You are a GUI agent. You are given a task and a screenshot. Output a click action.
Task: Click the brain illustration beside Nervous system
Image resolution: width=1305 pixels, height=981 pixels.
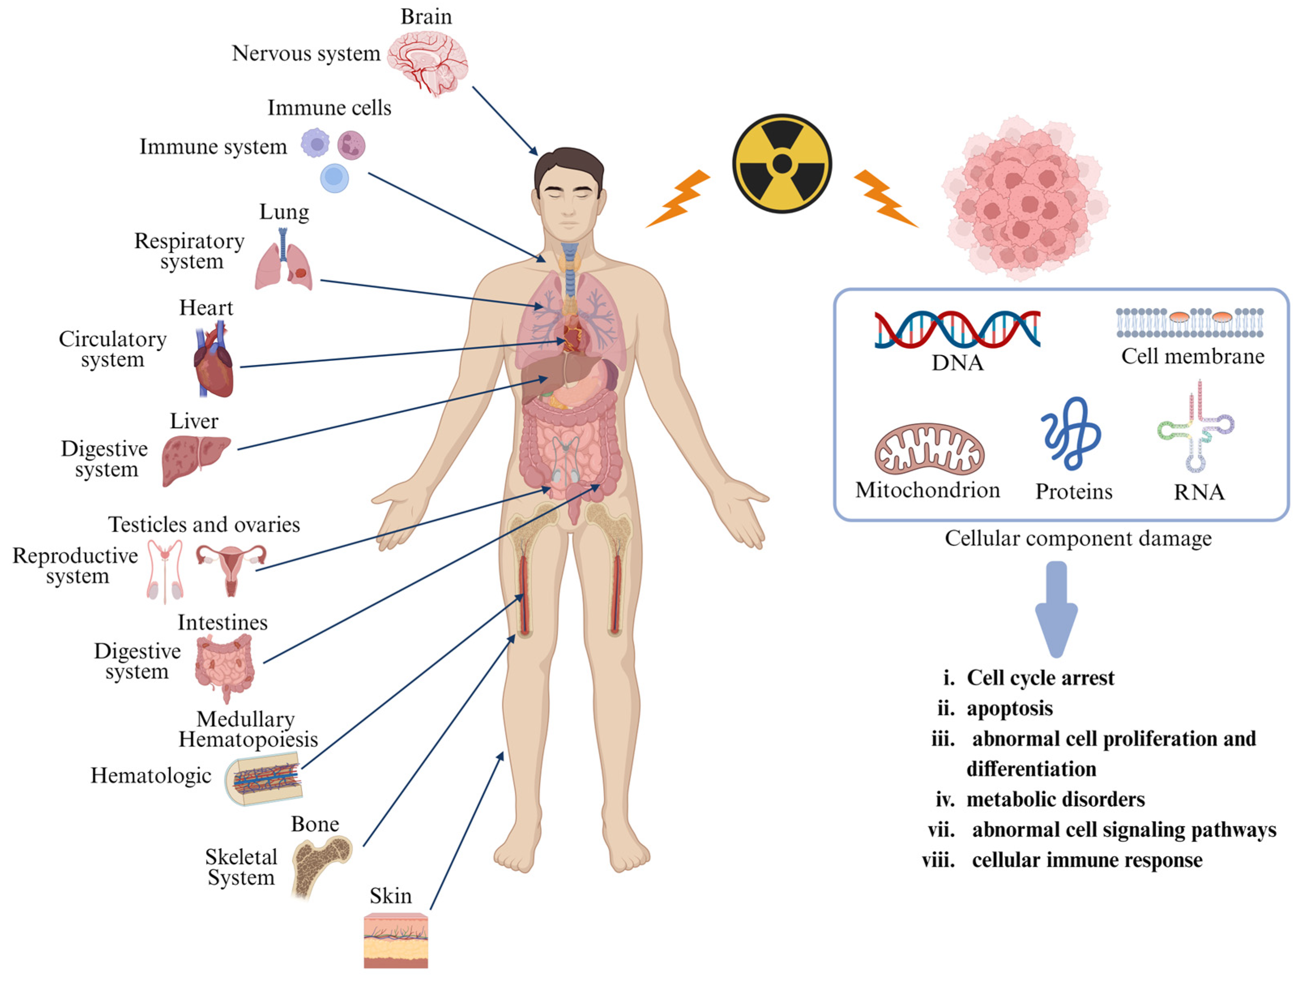[428, 62]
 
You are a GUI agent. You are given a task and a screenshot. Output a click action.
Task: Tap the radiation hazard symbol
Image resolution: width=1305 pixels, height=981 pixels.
[782, 163]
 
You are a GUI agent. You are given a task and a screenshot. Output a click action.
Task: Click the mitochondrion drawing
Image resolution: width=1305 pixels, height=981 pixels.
[929, 450]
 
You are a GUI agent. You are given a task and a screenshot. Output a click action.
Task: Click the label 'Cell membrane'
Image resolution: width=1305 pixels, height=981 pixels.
[1192, 356]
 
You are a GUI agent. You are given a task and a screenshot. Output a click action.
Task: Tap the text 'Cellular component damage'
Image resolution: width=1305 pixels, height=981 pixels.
[1078, 538]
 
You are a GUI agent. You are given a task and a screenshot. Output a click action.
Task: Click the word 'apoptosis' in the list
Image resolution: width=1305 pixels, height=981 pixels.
[1009, 708]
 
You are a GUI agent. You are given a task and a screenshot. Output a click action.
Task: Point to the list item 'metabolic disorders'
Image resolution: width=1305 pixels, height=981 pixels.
[1056, 799]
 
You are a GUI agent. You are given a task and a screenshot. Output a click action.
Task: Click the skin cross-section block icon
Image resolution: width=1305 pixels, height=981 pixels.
[395, 940]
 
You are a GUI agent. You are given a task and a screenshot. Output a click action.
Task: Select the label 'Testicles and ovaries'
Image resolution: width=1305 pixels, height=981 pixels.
[204, 525]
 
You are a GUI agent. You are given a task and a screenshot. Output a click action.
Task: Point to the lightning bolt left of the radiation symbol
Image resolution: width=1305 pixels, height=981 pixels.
[678, 199]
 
